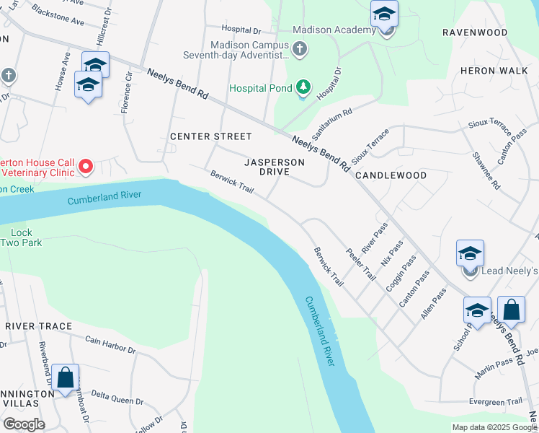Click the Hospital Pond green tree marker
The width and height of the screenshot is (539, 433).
304,88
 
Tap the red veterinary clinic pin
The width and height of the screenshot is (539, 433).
86,167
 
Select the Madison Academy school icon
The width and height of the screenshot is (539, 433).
385,14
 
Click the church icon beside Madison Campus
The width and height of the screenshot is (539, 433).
300,49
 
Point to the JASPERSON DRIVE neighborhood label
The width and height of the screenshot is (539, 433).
274,167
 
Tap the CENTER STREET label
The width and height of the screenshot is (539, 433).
211,136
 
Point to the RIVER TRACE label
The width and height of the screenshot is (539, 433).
39,326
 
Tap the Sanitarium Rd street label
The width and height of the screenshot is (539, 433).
331,124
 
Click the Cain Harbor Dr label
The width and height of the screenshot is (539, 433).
110,345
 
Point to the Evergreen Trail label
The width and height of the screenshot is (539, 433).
494,402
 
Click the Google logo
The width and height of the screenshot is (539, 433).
24,424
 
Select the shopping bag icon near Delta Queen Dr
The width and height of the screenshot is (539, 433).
65,377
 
